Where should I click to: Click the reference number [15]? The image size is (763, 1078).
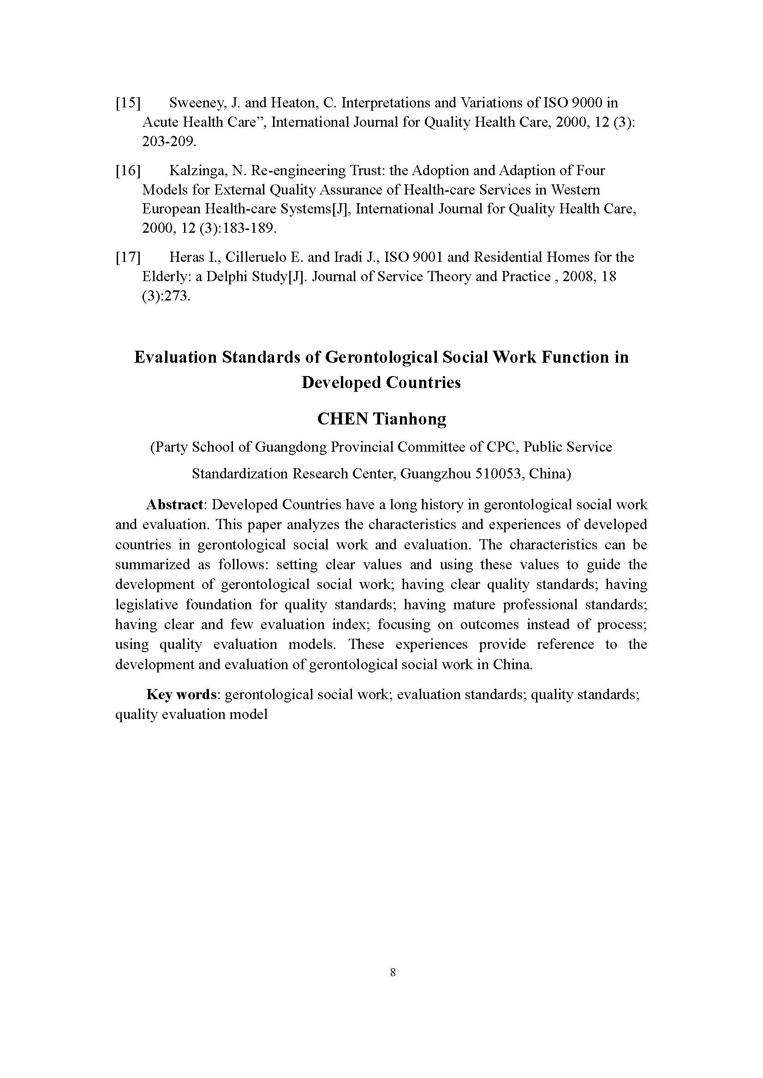[128, 103]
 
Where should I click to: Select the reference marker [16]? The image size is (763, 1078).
[128, 171]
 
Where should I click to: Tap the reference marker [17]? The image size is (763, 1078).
[128, 257]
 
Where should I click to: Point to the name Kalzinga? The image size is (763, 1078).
[198, 171]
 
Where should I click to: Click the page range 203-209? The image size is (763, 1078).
[169, 141]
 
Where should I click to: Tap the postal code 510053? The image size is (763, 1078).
[499, 473]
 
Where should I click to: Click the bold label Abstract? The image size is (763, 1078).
[174, 505]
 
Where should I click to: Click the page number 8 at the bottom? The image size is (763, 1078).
[393, 972]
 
